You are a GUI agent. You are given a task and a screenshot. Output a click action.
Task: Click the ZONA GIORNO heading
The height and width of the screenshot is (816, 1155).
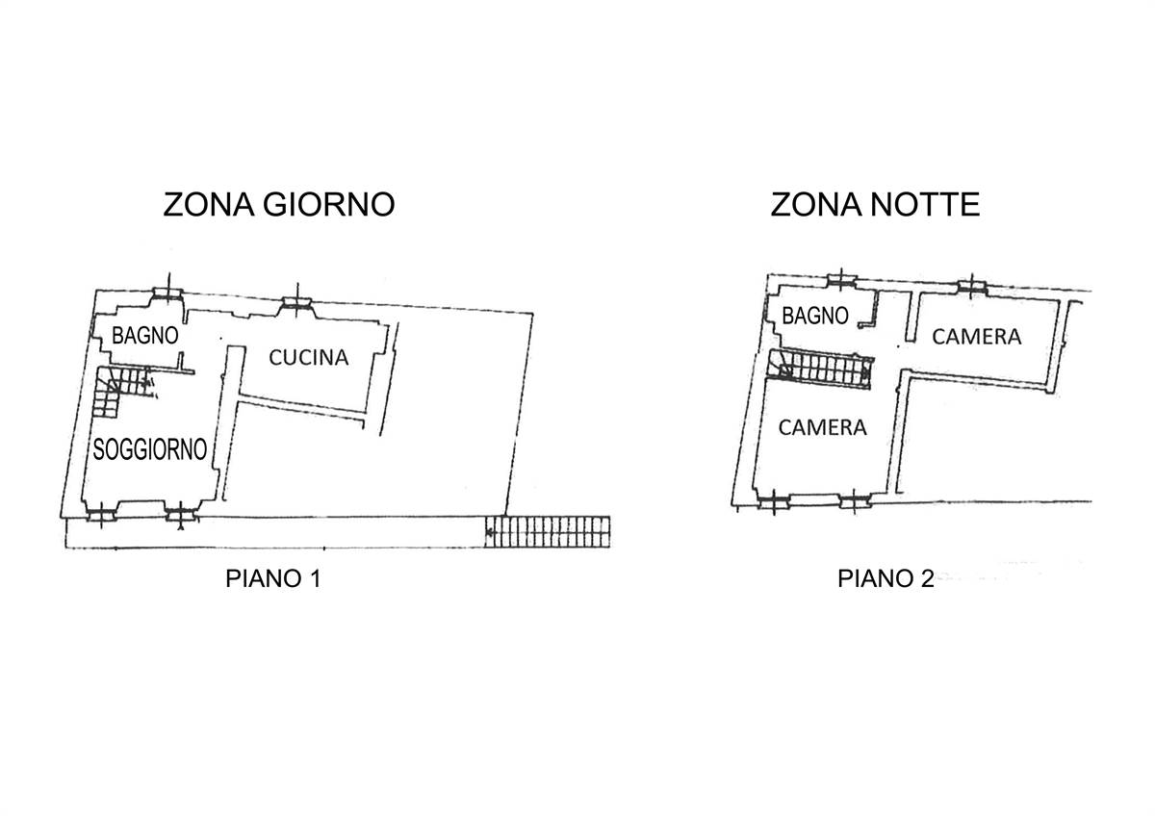[x=279, y=204]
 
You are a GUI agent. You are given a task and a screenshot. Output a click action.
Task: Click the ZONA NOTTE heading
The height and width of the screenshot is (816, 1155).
[x=875, y=204]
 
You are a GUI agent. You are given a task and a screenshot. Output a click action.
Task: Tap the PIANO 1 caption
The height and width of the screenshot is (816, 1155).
[x=273, y=578]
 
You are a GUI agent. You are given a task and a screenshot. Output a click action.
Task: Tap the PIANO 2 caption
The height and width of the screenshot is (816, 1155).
[x=885, y=578]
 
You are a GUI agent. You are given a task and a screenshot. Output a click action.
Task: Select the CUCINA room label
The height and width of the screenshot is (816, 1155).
[x=309, y=357]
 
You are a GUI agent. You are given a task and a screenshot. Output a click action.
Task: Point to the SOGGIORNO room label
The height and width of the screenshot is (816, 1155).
[x=150, y=449]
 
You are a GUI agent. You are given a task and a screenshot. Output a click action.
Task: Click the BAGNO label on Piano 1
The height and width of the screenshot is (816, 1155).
[x=145, y=336]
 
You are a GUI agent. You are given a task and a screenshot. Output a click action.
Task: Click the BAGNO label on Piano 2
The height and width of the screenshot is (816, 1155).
[x=815, y=316]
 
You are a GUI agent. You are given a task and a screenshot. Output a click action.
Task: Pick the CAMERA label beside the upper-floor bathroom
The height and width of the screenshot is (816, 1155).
[x=977, y=337]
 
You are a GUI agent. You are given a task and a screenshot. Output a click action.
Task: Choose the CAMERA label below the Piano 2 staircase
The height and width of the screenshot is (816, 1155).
[x=822, y=427]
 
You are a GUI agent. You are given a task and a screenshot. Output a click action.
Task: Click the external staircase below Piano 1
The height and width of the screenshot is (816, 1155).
[x=548, y=531]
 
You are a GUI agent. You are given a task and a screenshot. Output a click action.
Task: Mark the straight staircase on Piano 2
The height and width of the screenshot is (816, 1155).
[x=820, y=368]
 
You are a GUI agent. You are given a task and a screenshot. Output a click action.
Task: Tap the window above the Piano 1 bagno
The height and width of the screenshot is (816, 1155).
[x=168, y=293]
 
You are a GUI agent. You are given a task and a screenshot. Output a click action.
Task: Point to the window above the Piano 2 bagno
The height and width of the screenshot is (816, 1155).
[x=841, y=281]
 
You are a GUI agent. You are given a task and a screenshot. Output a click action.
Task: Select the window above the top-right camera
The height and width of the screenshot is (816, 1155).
[x=972, y=287]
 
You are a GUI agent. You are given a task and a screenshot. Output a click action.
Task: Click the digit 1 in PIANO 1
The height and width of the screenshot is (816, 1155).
[x=316, y=578]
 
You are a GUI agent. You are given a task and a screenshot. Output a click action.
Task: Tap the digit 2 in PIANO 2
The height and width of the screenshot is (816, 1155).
[x=927, y=578]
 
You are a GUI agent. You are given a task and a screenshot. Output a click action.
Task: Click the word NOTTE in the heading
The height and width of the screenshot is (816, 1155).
[x=926, y=204]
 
